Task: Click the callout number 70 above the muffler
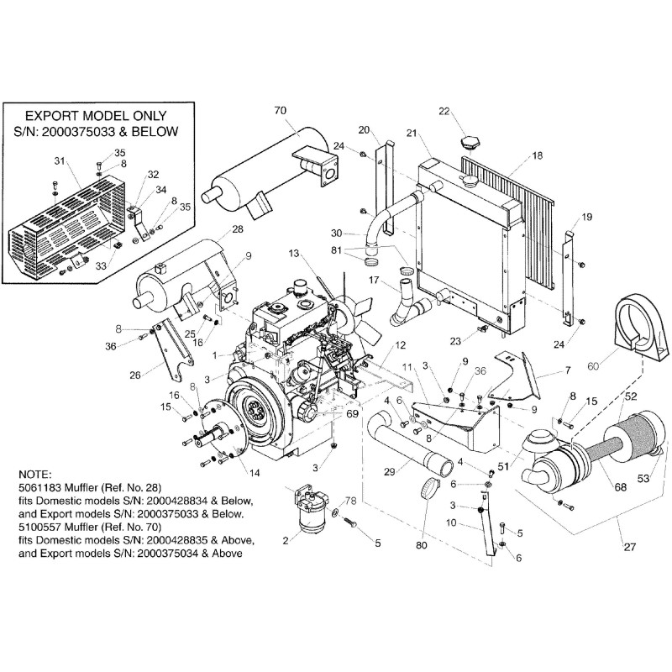(281, 110)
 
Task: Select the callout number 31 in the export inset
(58, 161)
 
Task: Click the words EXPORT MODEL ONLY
(94, 115)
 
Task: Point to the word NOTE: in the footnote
(33, 475)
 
